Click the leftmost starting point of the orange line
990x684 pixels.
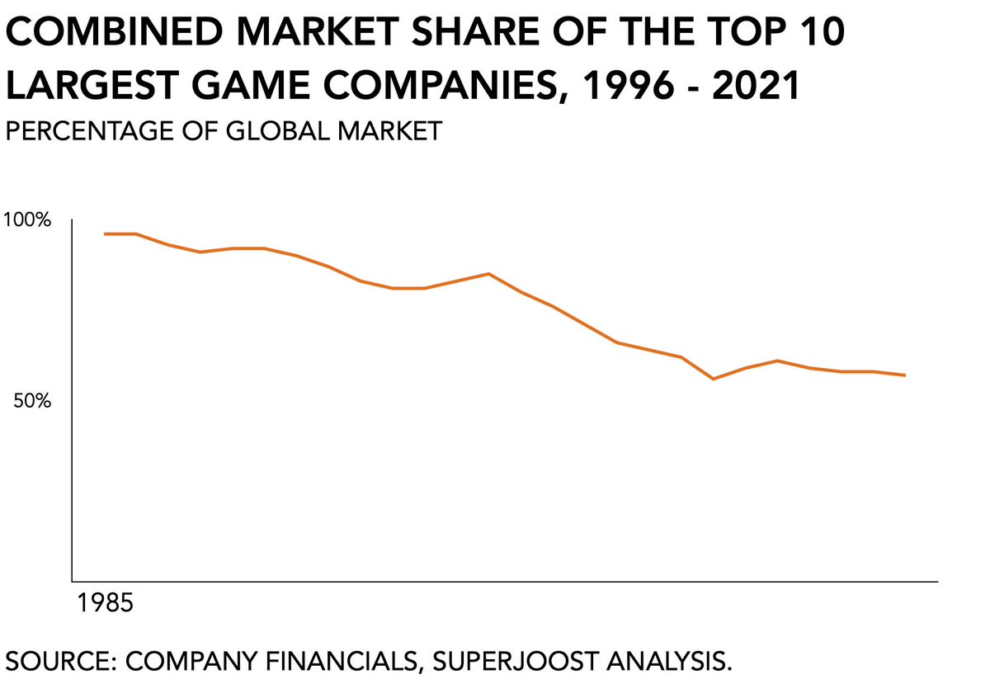[105, 234]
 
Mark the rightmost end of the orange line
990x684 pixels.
[905, 375]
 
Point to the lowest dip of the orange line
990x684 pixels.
[713, 379]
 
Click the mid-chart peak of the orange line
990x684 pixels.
[488, 274]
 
